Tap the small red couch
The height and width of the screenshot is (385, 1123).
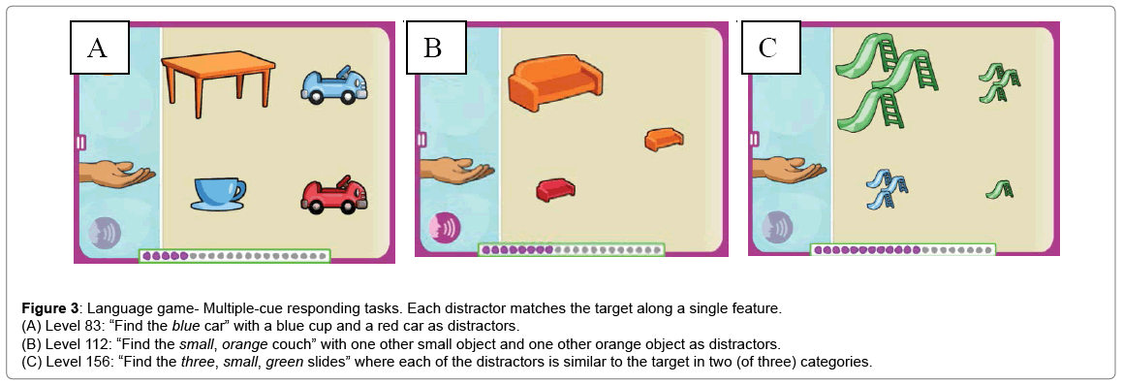pyautogui.click(x=556, y=189)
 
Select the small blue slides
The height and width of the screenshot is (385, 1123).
pyautogui.click(x=889, y=188)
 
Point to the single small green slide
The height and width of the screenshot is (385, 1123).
pyautogui.click(x=1000, y=189)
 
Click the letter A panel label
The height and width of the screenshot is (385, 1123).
pyautogui.click(x=100, y=48)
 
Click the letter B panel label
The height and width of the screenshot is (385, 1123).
pyautogui.click(x=432, y=48)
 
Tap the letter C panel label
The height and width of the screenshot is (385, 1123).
pyautogui.click(x=767, y=48)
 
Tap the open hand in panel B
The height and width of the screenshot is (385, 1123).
pyautogui.click(x=455, y=171)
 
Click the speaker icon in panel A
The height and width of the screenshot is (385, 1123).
pyautogui.click(x=105, y=233)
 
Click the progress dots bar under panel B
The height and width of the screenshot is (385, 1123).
pyautogui.click(x=572, y=250)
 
